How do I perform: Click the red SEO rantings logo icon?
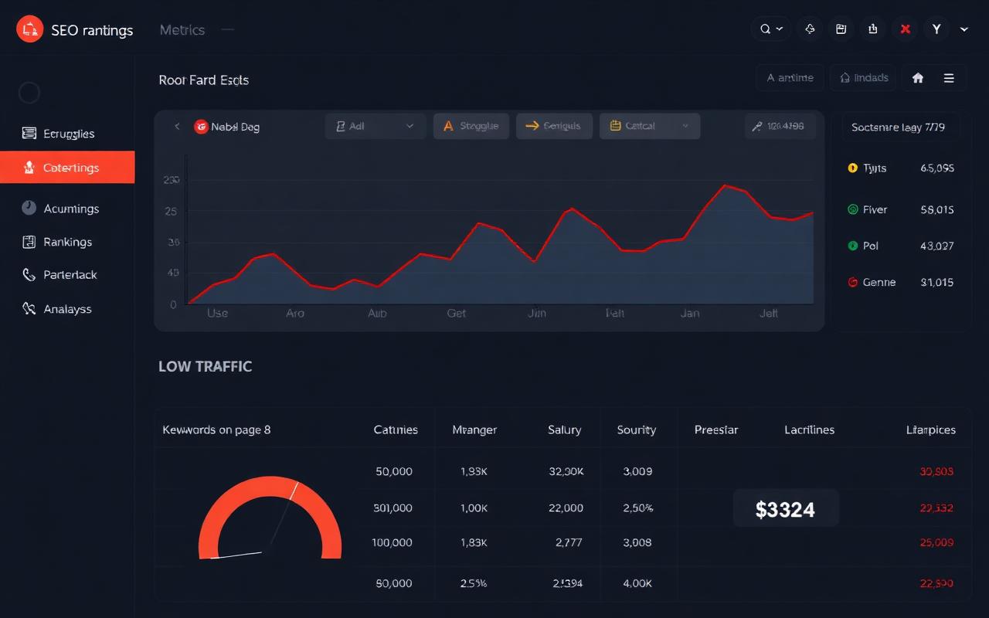[29, 29]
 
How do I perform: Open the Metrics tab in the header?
[182, 30]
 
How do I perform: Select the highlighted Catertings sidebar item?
[67, 168]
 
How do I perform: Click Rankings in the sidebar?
[67, 242]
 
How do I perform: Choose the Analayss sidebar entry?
[67, 309]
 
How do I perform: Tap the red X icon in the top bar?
[905, 29]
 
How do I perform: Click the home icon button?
[918, 78]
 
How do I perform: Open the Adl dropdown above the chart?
[375, 126]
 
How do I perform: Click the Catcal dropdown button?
[649, 126]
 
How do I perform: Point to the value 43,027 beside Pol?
[936, 246]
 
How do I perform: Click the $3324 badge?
[785, 509]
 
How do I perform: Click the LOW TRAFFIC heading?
[205, 366]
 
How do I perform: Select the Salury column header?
[564, 430]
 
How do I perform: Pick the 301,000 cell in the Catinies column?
[393, 508]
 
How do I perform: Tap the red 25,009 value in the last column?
[936, 542]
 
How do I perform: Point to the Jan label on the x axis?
[689, 313]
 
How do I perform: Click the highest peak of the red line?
[726, 185]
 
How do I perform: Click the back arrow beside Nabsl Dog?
[177, 127]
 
